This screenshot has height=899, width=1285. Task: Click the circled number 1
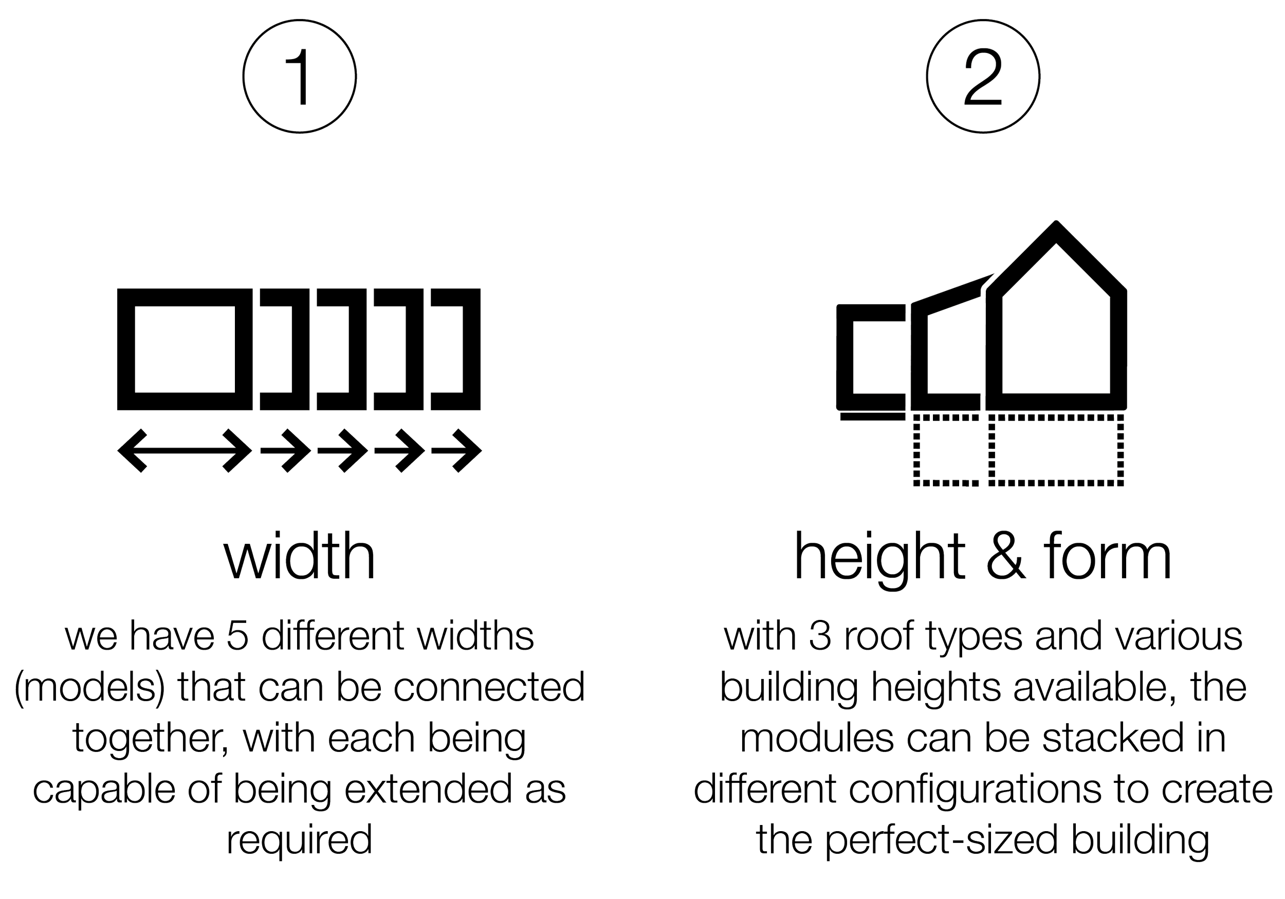(x=300, y=77)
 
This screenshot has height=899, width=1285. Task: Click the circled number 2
(x=983, y=77)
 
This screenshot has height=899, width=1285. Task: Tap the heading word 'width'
(x=300, y=555)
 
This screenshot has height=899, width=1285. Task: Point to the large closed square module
(x=185, y=350)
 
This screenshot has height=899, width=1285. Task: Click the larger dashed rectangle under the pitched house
(x=1057, y=451)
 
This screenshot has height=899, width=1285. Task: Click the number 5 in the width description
(x=238, y=637)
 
